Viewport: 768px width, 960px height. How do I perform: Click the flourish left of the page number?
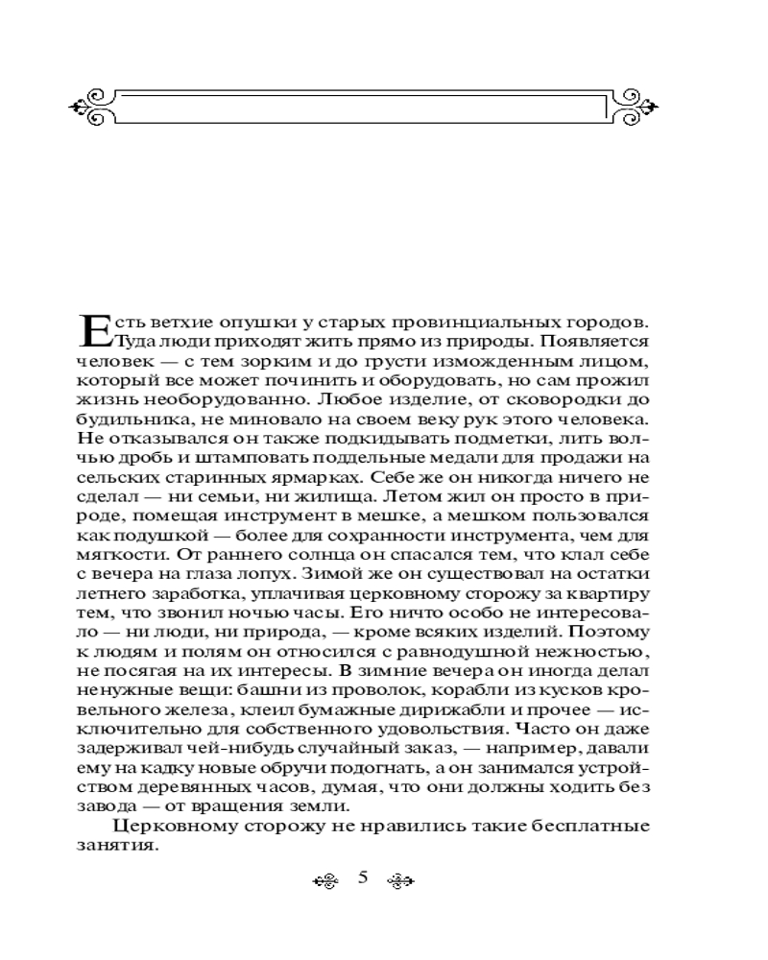[x=327, y=879]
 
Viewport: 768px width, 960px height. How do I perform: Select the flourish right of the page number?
[x=398, y=879]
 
